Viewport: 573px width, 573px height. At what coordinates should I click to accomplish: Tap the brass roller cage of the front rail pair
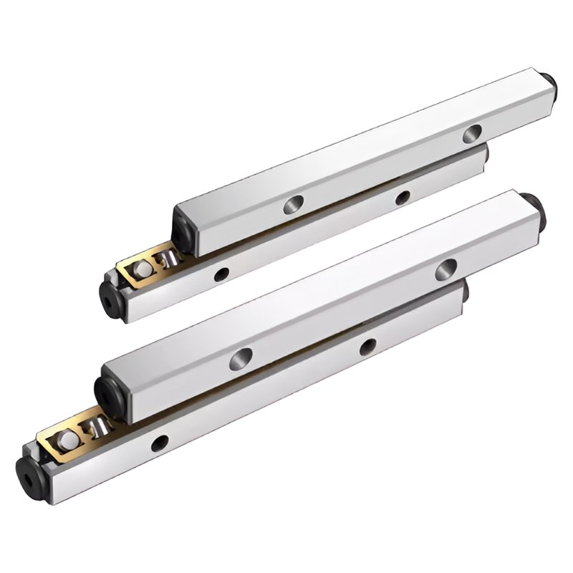click(x=64, y=437)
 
